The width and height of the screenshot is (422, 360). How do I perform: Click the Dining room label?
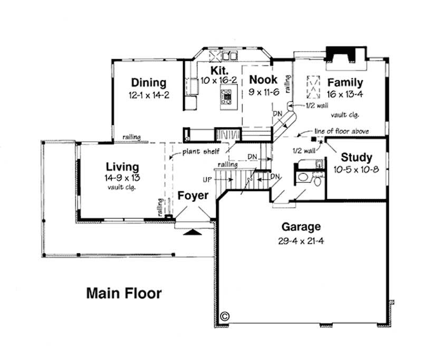pos(149,83)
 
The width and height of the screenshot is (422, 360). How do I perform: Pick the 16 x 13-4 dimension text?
pos(345,94)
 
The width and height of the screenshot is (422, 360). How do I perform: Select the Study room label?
pos(356,157)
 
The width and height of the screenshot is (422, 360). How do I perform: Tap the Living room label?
pos(122,168)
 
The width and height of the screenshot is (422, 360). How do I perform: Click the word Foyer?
pos(193,196)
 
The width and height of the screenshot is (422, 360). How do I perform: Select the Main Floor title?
pos(124,293)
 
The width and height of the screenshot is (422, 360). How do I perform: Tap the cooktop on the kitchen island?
pos(227,96)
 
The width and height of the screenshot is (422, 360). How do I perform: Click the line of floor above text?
pos(341,131)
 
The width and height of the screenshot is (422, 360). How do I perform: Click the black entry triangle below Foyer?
pos(194,231)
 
